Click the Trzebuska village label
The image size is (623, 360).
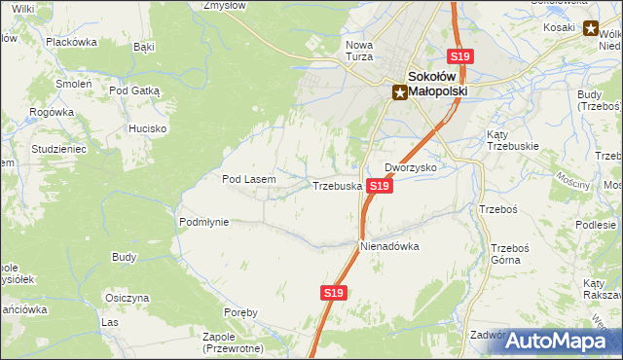click(337, 185)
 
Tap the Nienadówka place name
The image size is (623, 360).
click(389, 246)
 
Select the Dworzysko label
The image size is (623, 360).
click(410, 167)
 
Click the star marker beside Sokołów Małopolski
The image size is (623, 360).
click(399, 92)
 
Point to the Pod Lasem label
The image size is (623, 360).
click(249, 179)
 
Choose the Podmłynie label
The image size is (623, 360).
click(203, 222)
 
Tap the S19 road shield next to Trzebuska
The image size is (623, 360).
click(380, 185)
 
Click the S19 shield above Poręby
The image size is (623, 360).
click(333, 292)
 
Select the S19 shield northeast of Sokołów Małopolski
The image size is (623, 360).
click(459, 57)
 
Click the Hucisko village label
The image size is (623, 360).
click(148, 128)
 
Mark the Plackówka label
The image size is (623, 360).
click(72, 42)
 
